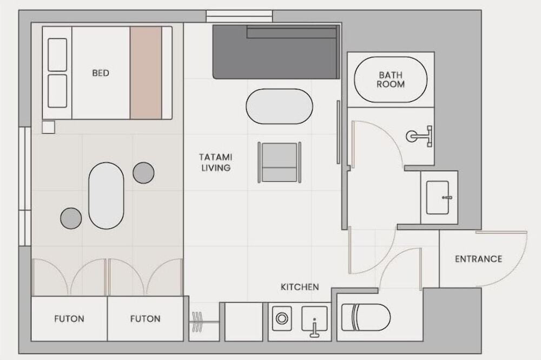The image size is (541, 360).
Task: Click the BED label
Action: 101,73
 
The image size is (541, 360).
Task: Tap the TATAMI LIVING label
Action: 216,162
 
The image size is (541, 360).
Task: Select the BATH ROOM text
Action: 391,80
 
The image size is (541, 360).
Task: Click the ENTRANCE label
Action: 479,259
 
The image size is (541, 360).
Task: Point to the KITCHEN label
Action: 300,287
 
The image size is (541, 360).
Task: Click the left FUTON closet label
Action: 69,318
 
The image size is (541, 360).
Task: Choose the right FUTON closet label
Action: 145,318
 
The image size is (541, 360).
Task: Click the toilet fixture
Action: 366,317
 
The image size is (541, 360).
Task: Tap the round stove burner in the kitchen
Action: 281,318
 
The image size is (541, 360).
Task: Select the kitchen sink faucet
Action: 314,328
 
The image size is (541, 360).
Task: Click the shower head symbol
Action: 419,136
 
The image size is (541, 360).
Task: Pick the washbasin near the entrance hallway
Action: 438,198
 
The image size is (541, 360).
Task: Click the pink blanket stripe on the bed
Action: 146,73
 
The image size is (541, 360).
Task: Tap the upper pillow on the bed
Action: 57,55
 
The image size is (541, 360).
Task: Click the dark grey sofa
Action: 276,52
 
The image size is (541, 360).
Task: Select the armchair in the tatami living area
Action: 280,162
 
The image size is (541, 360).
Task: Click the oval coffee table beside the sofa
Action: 280,107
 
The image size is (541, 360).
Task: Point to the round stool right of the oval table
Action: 143,173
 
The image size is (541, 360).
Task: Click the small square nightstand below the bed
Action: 48,127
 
